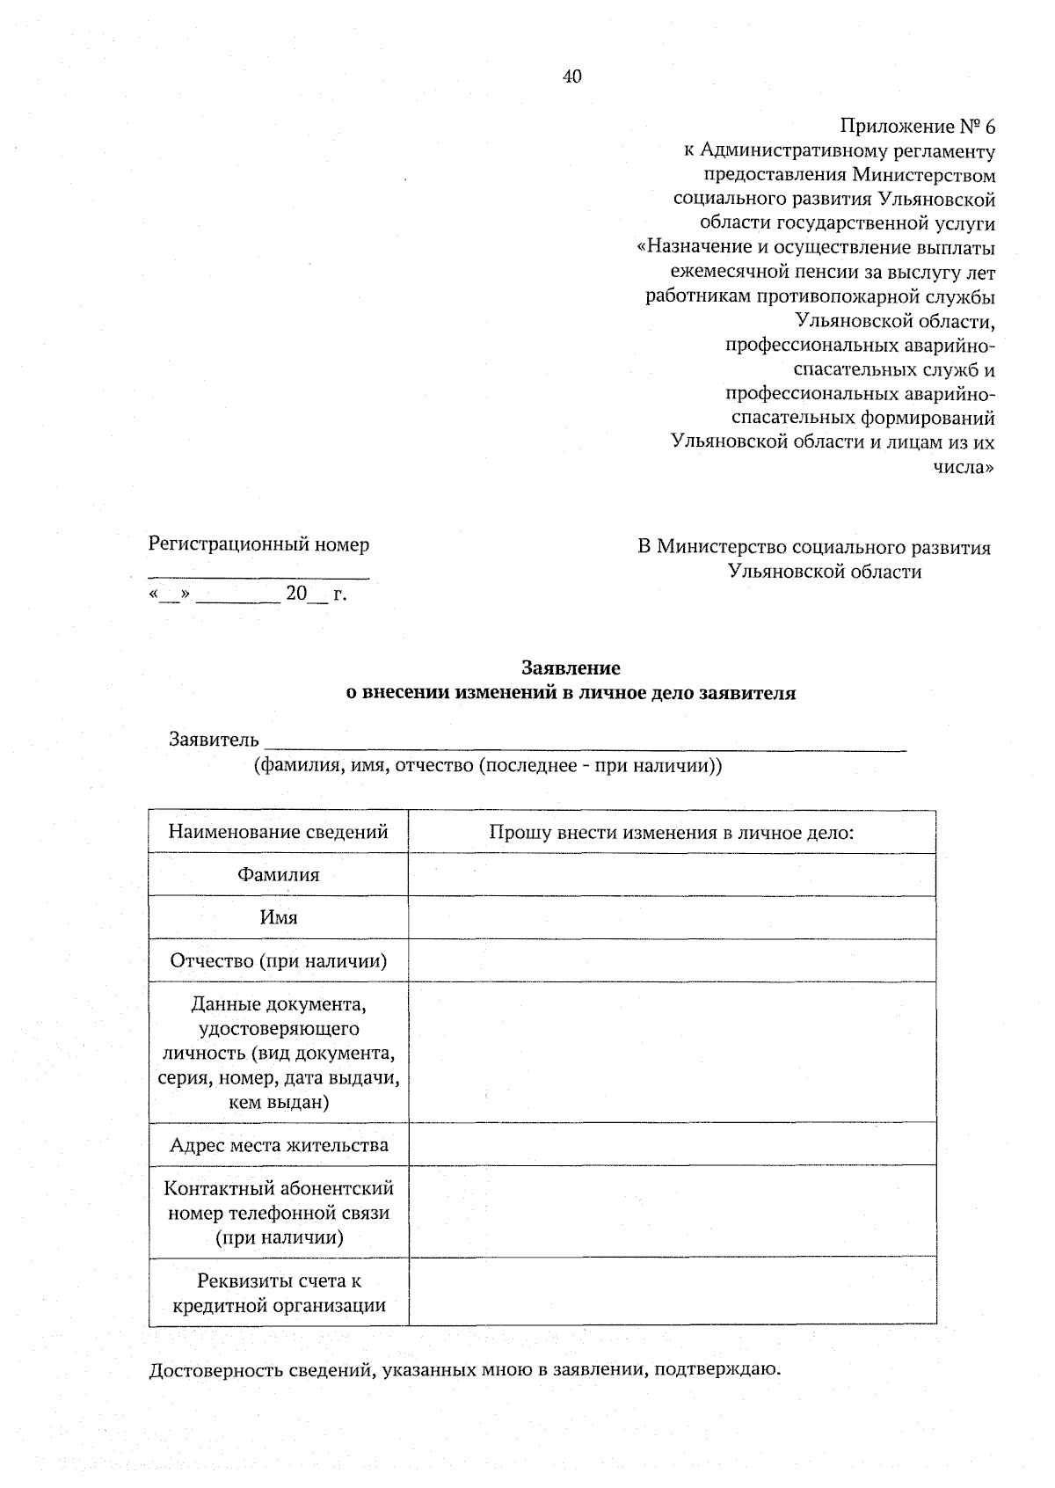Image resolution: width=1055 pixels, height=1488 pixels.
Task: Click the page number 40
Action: coord(571,77)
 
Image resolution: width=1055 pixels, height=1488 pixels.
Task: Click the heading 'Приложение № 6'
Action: coord(917,126)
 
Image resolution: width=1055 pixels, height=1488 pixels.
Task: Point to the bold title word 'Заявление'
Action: coord(571,668)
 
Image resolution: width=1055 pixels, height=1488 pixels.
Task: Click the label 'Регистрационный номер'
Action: coord(258,544)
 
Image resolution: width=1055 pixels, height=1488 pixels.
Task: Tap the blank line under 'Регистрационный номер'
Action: coord(258,577)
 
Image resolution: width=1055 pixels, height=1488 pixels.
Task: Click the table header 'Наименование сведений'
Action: coord(278,832)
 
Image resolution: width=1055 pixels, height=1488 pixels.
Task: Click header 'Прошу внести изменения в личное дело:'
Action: coord(672,832)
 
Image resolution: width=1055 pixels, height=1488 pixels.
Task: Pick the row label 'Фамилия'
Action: coord(278,875)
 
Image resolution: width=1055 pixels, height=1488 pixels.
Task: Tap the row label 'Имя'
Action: coord(278,918)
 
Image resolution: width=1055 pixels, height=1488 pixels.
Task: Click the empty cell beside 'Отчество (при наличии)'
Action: coord(672,960)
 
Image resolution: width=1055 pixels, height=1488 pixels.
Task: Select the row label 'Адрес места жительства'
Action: coord(278,1145)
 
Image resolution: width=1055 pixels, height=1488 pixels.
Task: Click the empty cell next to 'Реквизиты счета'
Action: coord(672,1292)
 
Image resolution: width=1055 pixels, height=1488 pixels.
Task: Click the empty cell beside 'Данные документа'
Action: coord(672,1052)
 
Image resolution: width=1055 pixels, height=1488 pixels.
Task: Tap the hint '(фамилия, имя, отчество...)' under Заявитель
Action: coord(488,765)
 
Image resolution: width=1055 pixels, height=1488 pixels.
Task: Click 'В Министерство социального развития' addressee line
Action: coord(813,548)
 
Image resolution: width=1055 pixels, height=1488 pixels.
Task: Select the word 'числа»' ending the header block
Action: coord(964,467)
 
